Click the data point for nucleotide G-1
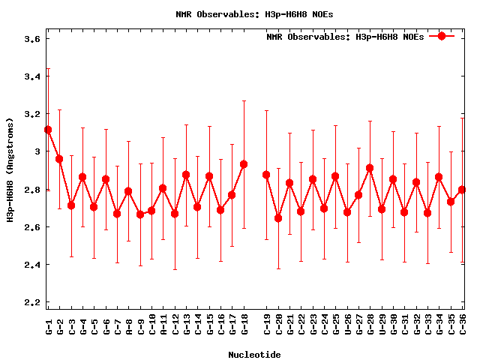tap(48, 130)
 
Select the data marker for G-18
tap(244, 164)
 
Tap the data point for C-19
tap(266, 175)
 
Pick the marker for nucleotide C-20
tap(278, 218)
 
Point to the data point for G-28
tap(370, 168)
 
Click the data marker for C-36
tap(462, 190)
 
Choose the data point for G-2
tap(59, 159)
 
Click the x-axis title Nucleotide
tap(254, 355)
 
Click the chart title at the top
tap(254, 13)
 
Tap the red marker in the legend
tap(442, 36)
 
